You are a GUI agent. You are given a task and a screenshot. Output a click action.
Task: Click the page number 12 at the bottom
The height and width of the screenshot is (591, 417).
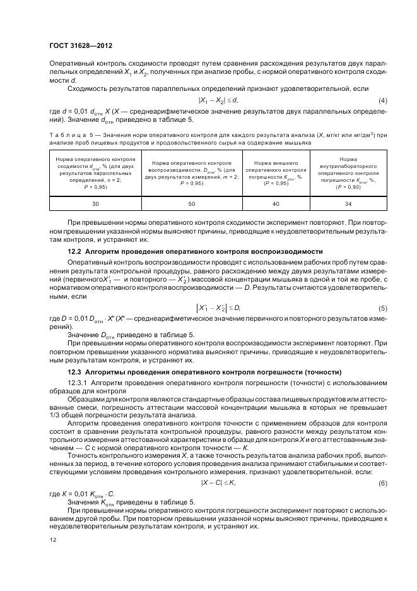pyautogui.click(x=53, y=540)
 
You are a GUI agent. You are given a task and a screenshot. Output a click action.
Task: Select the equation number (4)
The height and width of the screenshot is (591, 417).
pyautogui.click(x=382, y=101)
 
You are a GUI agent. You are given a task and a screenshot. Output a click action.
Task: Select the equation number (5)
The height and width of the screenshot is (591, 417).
pyautogui.click(x=382, y=307)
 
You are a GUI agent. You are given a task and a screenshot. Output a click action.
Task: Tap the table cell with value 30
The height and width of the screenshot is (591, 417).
pyautogui.click(x=95, y=204)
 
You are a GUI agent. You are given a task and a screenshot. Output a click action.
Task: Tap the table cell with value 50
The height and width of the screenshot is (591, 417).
pyautogui.click(x=191, y=204)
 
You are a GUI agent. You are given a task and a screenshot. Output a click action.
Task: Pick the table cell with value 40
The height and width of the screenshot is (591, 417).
pyautogui.click(x=276, y=204)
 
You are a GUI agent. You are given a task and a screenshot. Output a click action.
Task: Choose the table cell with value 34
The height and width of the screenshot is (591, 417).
pyautogui.click(x=348, y=204)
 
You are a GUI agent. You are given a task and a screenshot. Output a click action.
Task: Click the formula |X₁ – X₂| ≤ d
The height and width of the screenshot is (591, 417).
pyautogui.click(x=218, y=101)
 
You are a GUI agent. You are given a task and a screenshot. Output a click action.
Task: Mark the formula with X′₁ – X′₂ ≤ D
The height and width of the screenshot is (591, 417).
pyautogui.click(x=219, y=307)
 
